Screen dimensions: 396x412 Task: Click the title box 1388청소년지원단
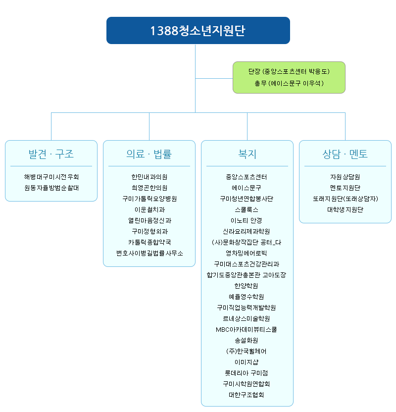point(198,31)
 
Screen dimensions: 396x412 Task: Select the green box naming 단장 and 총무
point(289,78)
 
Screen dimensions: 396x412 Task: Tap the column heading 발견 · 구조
point(51,154)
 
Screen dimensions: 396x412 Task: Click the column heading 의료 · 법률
point(149,154)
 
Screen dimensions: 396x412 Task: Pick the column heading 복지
point(247,154)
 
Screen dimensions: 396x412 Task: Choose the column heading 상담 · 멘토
point(345,154)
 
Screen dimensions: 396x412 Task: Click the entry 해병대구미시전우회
point(51,177)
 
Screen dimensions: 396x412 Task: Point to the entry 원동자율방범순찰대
point(51,188)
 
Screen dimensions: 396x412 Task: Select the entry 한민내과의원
point(149,177)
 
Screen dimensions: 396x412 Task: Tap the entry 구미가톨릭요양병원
point(149,199)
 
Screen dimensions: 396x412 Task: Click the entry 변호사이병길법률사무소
point(149,253)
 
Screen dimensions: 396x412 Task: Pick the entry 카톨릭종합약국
point(149,242)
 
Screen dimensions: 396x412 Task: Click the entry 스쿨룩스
point(247,209)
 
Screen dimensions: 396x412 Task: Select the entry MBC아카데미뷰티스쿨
point(247,329)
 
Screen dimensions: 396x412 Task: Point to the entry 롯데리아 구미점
point(247,373)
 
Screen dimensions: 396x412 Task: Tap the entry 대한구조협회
point(247,395)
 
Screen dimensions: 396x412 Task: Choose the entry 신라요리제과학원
point(247,231)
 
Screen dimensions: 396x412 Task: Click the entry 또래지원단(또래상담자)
point(346,199)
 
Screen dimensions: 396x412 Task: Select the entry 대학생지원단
point(346,209)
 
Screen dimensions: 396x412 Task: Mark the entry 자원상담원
point(346,177)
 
